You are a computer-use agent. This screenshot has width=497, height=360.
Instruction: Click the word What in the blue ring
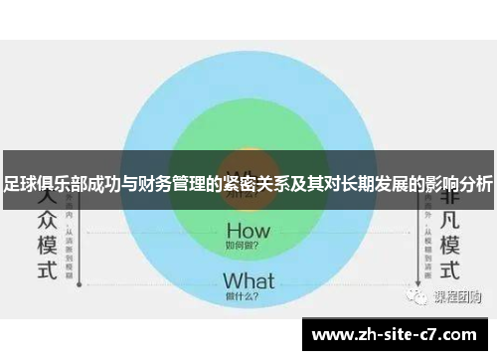(248, 281)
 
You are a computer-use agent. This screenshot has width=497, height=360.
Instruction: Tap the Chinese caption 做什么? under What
(248, 297)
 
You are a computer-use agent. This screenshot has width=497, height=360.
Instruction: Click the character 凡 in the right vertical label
(449, 217)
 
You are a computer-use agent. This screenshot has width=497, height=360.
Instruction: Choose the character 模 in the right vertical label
(449, 244)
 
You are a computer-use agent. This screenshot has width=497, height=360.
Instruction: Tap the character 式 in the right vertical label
(449, 270)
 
